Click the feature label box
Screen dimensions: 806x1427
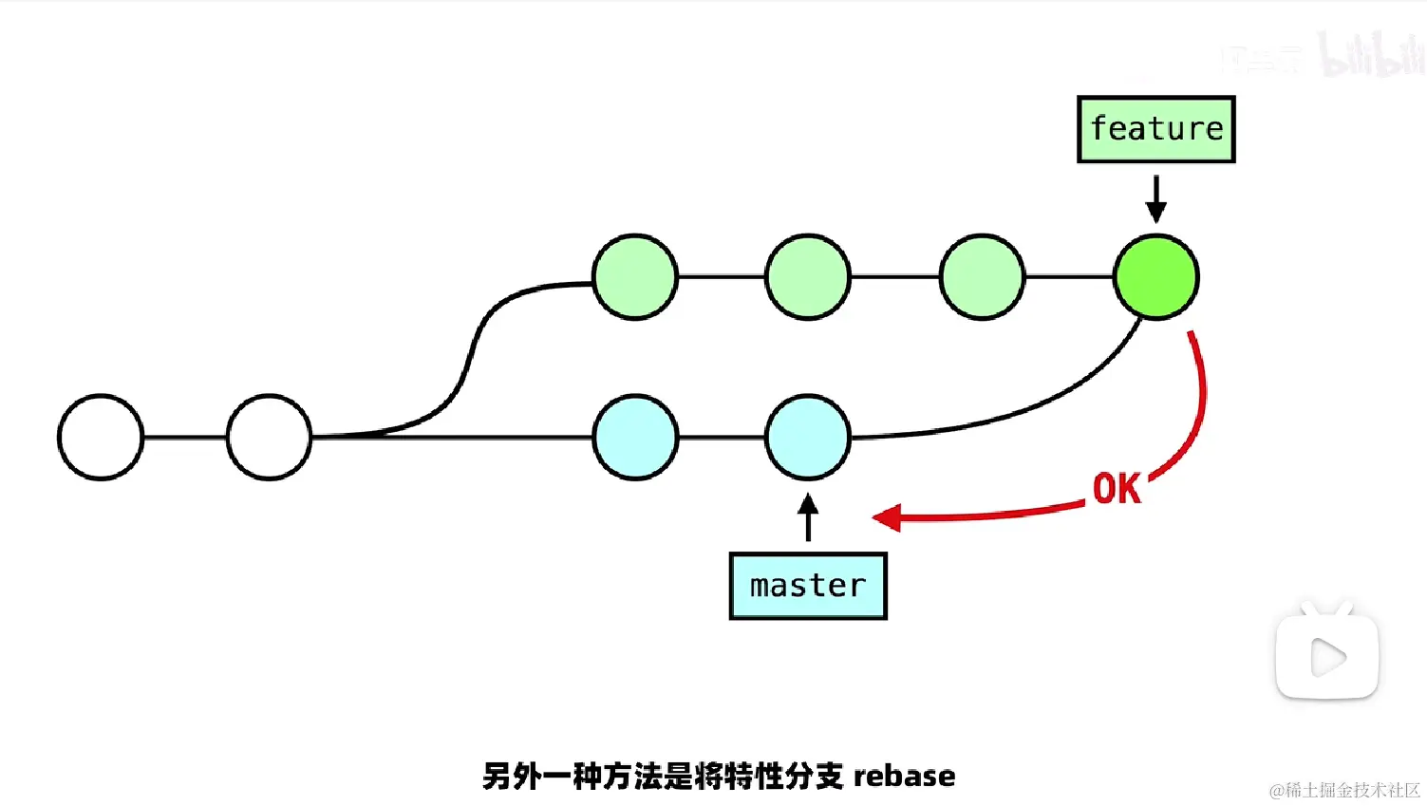coord(1155,129)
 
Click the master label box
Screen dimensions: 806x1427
coord(808,586)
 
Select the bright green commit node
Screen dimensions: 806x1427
coord(1155,277)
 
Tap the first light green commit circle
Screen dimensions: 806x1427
coord(635,277)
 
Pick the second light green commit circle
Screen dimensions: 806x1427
coord(808,277)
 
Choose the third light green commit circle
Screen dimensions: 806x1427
coord(982,277)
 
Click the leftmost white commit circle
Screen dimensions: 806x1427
coord(101,437)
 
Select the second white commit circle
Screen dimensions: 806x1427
coord(270,437)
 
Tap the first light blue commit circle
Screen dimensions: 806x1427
coord(635,437)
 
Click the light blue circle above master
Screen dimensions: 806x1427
coord(808,437)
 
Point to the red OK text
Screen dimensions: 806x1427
coord(1117,489)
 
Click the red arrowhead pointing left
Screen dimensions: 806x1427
coord(887,517)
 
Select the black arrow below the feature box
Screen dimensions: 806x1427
coord(1155,199)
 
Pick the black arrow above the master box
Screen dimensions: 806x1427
coord(808,517)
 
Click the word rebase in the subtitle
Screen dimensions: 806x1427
coord(904,777)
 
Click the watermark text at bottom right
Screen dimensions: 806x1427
coord(1344,790)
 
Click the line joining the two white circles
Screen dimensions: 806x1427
coord(185,437)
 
